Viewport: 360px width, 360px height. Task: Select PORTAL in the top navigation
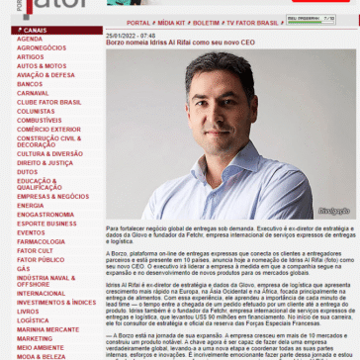138,22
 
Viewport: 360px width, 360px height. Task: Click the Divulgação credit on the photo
333,211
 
